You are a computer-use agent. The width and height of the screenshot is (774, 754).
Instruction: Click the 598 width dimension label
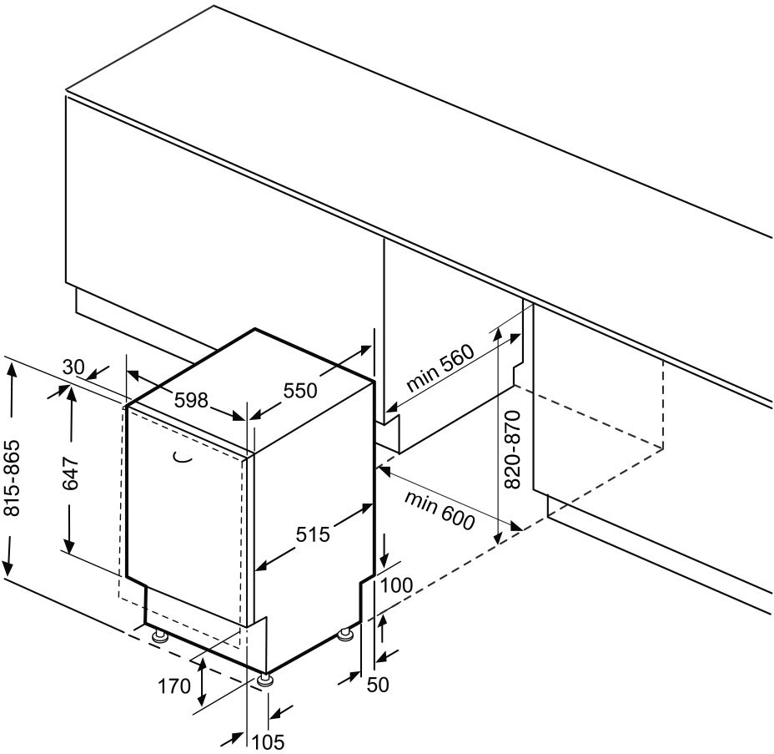click(x=192, y=399)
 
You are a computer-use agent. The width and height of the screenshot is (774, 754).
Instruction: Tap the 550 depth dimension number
click(x=299, y=390)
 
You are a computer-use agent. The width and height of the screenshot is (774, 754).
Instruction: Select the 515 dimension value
click(x=313, y=534)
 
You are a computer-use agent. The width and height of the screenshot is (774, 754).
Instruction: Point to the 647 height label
click(x=71, y=473)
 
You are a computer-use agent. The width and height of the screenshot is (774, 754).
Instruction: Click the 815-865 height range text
click(x=12, y=478)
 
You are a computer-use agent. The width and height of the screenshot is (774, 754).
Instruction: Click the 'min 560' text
click(x=440, y=366)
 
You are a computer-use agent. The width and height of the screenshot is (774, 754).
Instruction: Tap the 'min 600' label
click(x=440, y=510)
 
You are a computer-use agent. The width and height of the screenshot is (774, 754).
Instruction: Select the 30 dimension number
click(x=74, y=367)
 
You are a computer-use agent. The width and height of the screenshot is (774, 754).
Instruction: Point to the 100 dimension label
click(x=396, y=585)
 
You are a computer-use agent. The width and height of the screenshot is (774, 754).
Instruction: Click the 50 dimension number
click(x=378, y=685)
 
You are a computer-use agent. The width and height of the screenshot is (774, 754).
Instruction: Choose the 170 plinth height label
click(x=173, y=686)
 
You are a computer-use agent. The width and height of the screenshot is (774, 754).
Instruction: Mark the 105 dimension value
click(x=269, y=741)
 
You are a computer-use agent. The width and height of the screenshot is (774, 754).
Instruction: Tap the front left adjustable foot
click(x=160, y=635)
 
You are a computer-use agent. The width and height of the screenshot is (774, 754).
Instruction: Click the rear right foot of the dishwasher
click(x=344, y=634)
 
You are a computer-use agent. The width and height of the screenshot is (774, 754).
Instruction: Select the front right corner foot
click(x=265, y=680)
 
